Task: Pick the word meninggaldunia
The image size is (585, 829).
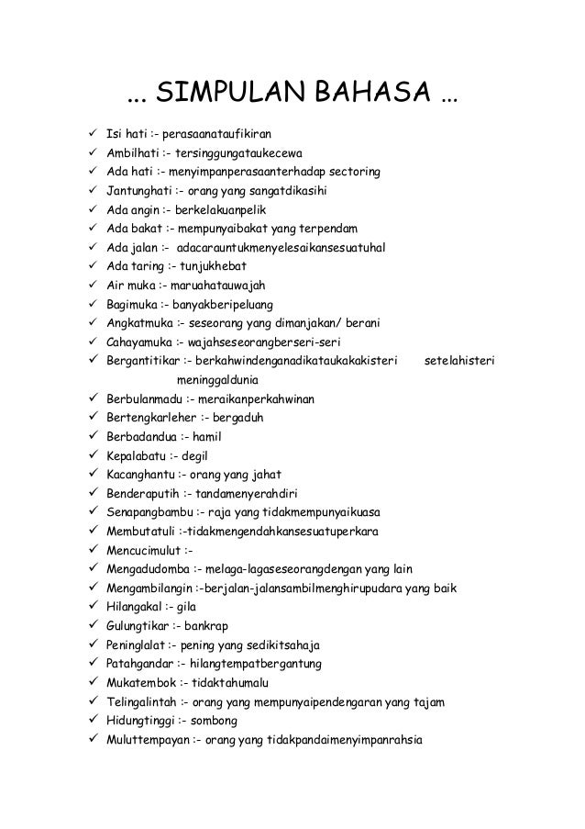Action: pos(217,380)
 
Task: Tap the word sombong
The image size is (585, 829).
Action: pos(215,722)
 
